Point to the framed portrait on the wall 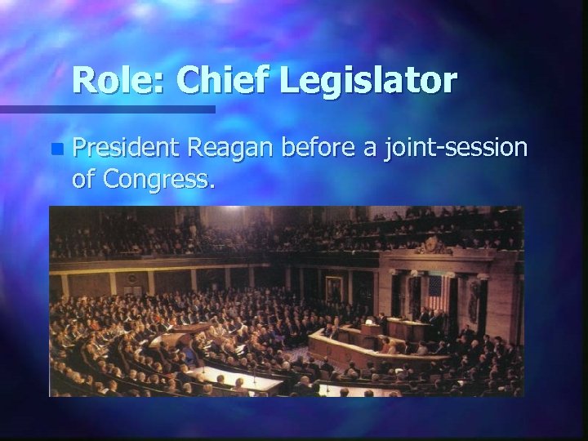tap(335, 287)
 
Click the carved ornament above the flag tap(434, 245)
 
